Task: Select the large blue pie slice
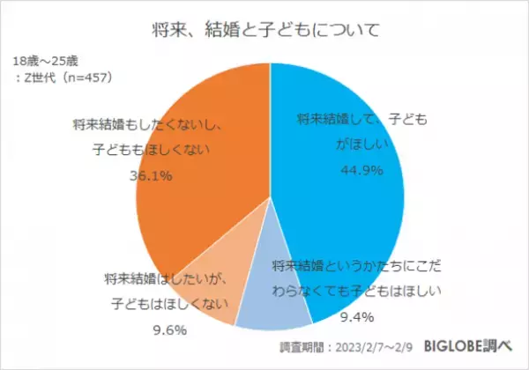click(x=353, y=203)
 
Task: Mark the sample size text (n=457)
click(x=88, y=78)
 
